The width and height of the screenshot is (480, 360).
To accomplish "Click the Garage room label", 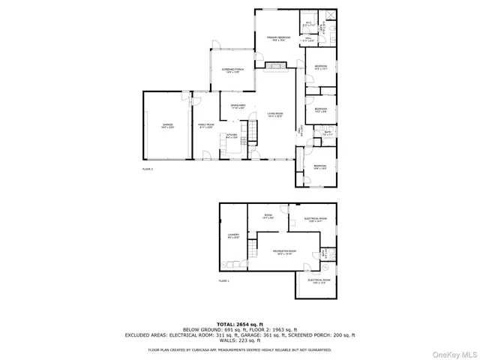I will coord(166,126).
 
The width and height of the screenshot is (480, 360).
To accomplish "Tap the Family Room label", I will coord(205,126).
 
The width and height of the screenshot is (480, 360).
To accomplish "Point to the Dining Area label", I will coord(238,106).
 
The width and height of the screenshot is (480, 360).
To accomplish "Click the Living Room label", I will coord(274,115).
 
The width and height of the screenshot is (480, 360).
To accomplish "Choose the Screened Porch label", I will coord(230,70).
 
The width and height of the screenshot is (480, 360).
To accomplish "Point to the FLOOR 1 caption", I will coord(223,280).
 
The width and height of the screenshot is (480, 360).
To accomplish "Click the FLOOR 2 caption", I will coord(147,169).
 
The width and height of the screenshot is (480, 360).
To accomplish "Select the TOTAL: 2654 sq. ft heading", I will coord(240,321).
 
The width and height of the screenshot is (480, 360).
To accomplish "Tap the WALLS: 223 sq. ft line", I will coord(240,341).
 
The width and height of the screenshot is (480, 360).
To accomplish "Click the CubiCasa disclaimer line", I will coord(240,349).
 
